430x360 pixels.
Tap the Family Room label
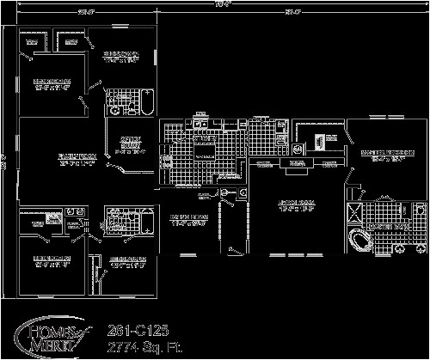(x=52, y=158)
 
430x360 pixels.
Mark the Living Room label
(x=289, y=205)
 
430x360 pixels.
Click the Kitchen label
(x=203, y=137)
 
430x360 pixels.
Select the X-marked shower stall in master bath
(x=353, y=215)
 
